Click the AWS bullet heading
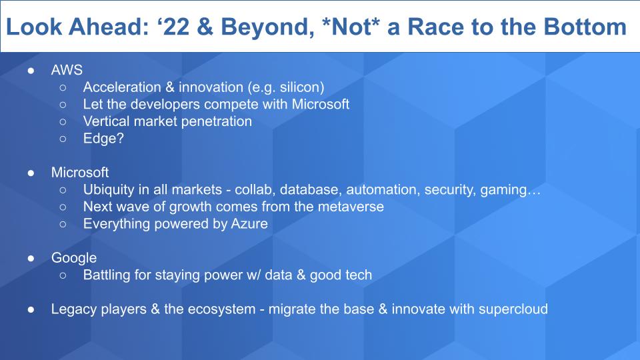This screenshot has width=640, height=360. click(67, 70)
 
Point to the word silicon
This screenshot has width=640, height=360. click(301, 87)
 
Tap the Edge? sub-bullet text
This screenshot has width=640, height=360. click(103, 139)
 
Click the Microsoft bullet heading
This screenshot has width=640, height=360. click(80, 173)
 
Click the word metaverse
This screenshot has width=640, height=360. click(351, 207)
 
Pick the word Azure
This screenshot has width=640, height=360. click(249, 224)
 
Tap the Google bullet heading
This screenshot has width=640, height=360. click(74, 259)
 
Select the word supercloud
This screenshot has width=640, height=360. click(513, 309)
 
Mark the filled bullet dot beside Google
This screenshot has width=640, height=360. click(31, 259)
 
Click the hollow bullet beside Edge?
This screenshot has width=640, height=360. click(63, 139)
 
